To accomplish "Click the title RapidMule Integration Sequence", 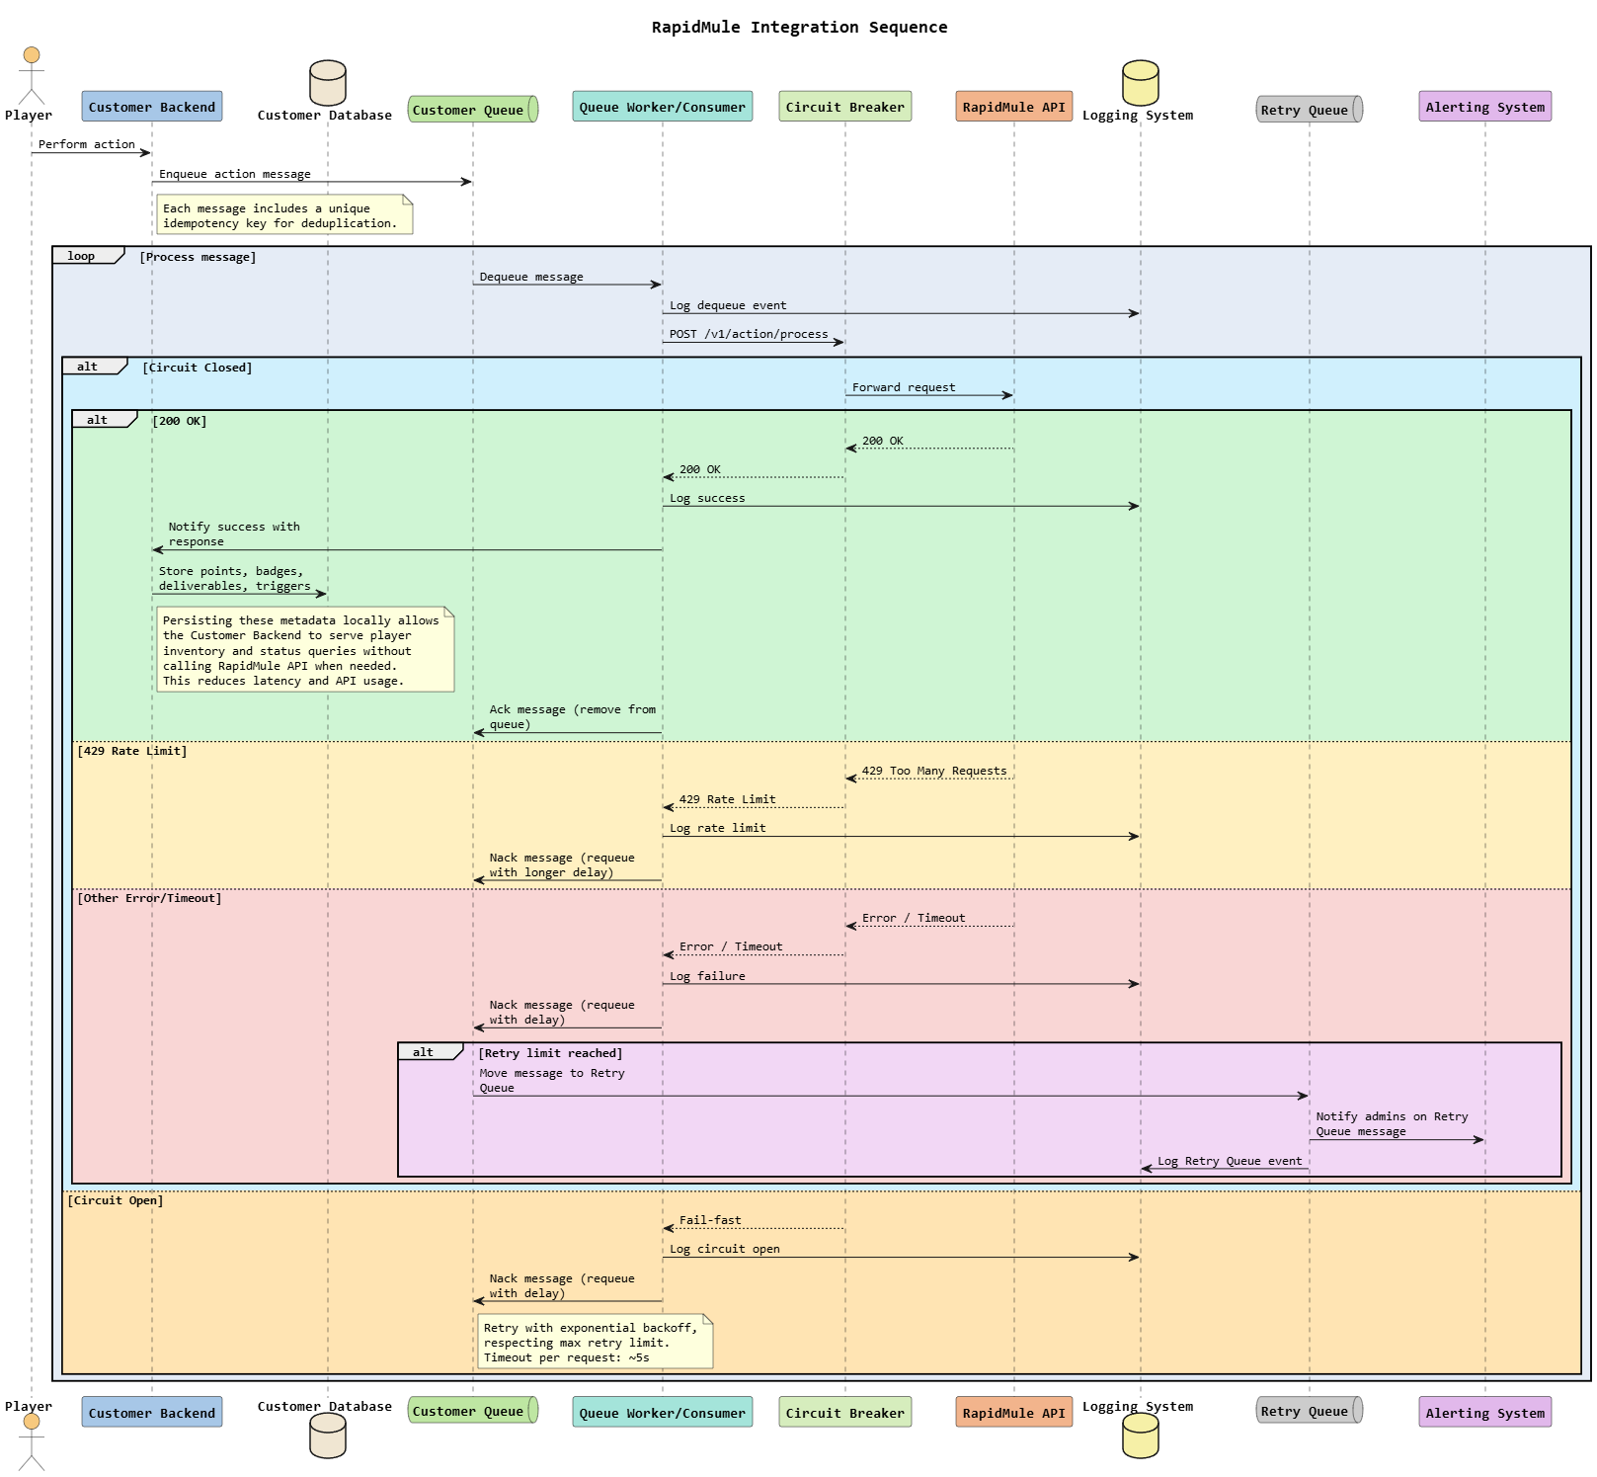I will (x=799, y=28).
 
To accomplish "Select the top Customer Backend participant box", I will (x=151, y=107).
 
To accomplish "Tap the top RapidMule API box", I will (x=1013, y=107).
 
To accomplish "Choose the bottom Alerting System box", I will (x=1484, y=1412).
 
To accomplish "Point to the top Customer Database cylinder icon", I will (x=328, y=83).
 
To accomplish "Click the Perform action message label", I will (x=87, y=144).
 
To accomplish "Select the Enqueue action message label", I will (x=235, y=174).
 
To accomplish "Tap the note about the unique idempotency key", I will (x=284, y=215).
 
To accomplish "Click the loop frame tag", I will (x=83, y=256).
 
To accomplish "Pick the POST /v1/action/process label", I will (x=749, y=334).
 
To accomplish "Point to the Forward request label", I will (x=904, y=387).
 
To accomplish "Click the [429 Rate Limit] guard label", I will (x=132, y=751).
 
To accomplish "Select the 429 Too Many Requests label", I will (x=934, y=771).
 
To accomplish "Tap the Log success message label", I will (x=707, y=498).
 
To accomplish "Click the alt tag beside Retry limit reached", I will (x=425, y=1052).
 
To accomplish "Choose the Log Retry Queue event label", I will (x=1230, y=1161).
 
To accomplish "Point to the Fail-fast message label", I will (x=710, y=1220).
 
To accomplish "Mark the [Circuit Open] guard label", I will (x=116, y=1200).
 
